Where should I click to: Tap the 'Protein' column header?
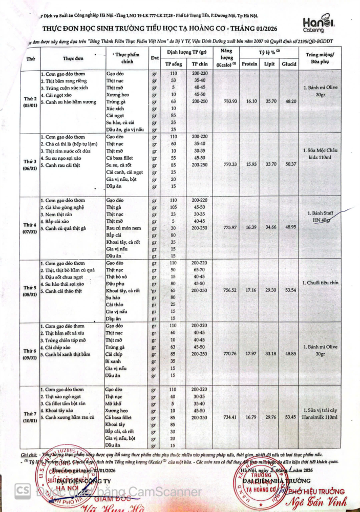click(249, 64)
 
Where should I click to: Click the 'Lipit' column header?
click(270, 64)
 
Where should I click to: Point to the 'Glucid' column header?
click(291, 64)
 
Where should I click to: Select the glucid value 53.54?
click(291, 290)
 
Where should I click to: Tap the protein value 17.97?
click(249, 353)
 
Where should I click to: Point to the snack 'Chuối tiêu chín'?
click(320, 282)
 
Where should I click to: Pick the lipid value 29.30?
click(270, 290)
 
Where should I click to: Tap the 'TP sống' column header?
click(174, 64)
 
